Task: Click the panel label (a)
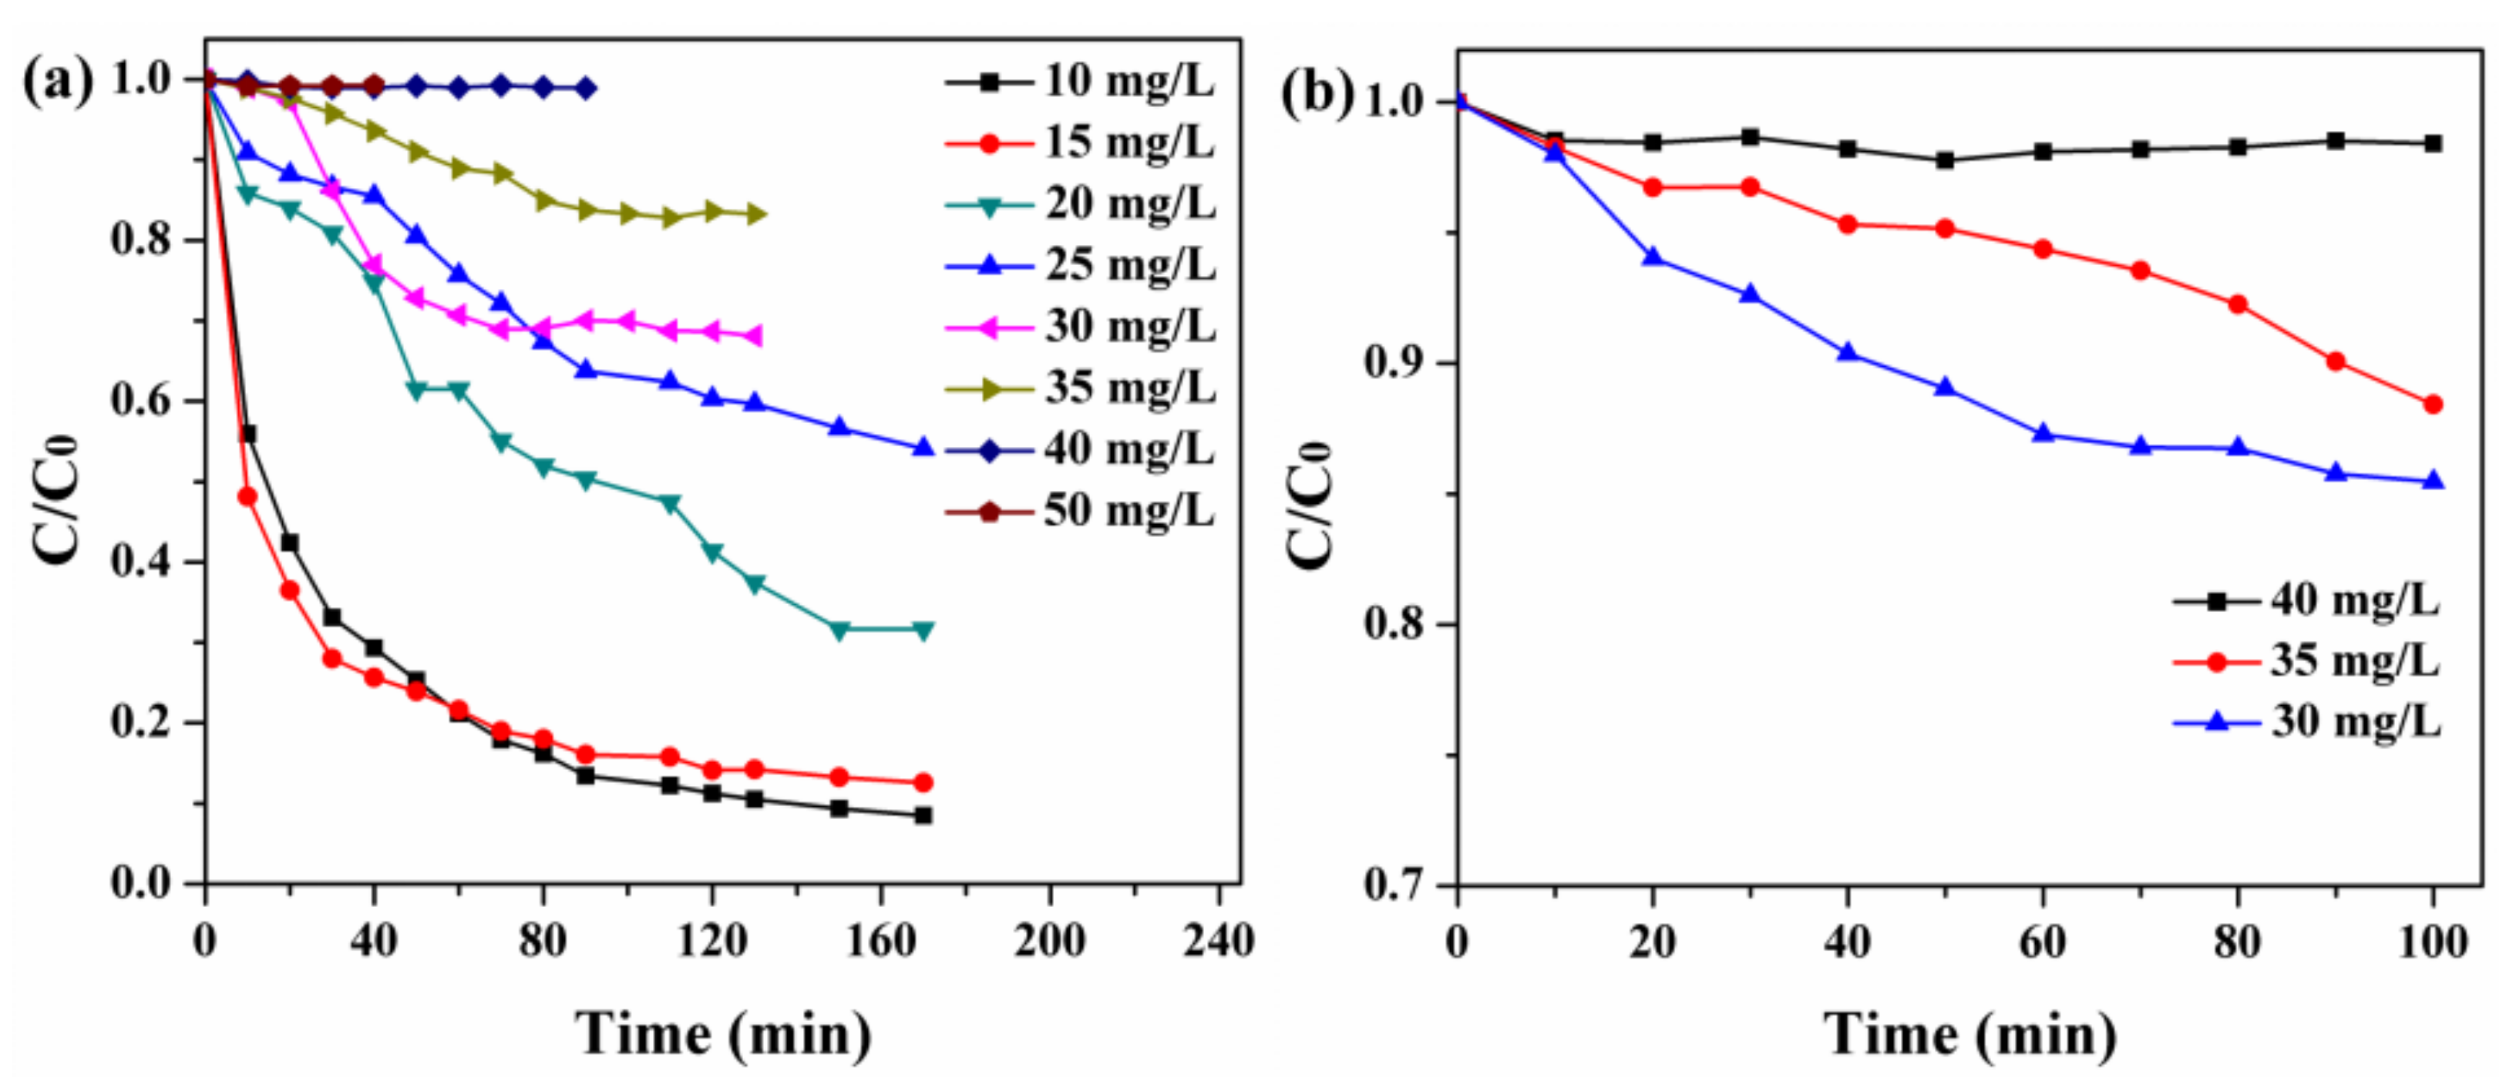click(56, 80)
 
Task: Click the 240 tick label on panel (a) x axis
click(1218, 942)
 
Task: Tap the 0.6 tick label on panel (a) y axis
click(142, 401)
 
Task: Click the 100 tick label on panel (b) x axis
click(2432, 942)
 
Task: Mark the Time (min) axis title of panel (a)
click(723, 1033)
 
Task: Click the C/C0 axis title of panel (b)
click(1309, 503)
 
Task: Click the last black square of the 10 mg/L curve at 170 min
click(923, 815)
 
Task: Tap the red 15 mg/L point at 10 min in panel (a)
click(247, 496)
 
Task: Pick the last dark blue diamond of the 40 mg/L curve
click(585, 88)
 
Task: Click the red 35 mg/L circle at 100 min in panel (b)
click(2433, 405)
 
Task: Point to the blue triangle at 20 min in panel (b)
click(1653, 257)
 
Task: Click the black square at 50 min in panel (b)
click(1945, 160)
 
